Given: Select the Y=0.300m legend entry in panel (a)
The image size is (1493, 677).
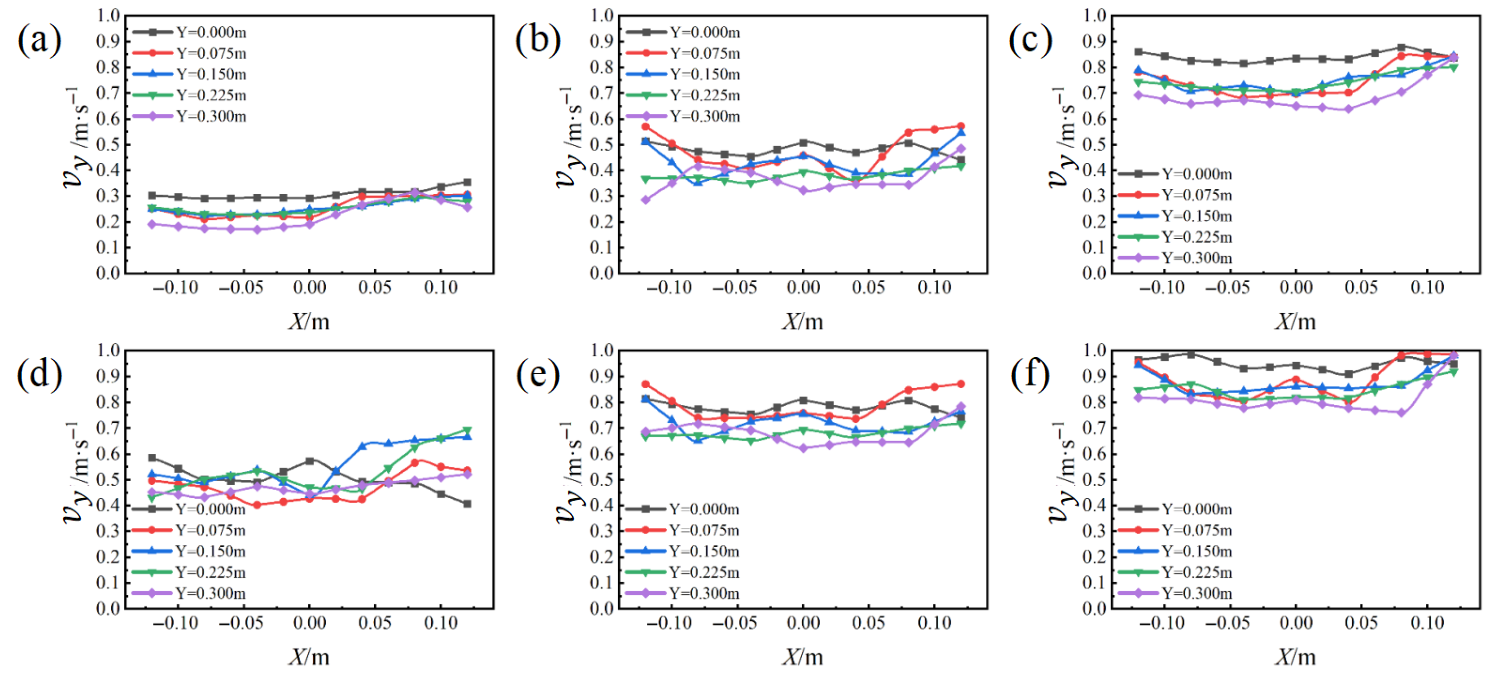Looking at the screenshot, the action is [x=190, y=117].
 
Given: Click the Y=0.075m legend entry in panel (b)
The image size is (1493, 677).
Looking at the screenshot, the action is [x=684, y=53].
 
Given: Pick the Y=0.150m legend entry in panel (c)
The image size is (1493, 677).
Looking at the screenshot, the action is [x=1175, y=216].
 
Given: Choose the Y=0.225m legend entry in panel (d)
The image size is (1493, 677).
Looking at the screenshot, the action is [x=189, y=573].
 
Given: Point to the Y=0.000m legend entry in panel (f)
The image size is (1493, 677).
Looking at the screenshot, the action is [x=1175, y=510].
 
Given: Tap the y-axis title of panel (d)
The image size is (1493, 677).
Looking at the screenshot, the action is [x=78, y=472].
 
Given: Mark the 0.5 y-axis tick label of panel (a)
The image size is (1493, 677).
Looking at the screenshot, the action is [x=109, y=144].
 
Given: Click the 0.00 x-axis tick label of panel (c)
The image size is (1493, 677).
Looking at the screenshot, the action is [x=1296, y=287].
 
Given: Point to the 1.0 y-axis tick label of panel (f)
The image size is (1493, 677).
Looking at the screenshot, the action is [x=1095, y=350].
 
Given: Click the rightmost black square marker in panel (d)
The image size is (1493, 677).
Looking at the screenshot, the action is [x=467, y=504].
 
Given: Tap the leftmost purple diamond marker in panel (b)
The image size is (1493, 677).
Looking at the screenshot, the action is [x=646, y=200].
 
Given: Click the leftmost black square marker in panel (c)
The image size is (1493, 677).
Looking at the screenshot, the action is [x=1138, y=51].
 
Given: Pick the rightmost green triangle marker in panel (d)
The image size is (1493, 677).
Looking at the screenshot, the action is [x=467, y=431].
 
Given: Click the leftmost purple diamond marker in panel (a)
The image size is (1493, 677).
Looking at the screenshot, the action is [x=152, y=224].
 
